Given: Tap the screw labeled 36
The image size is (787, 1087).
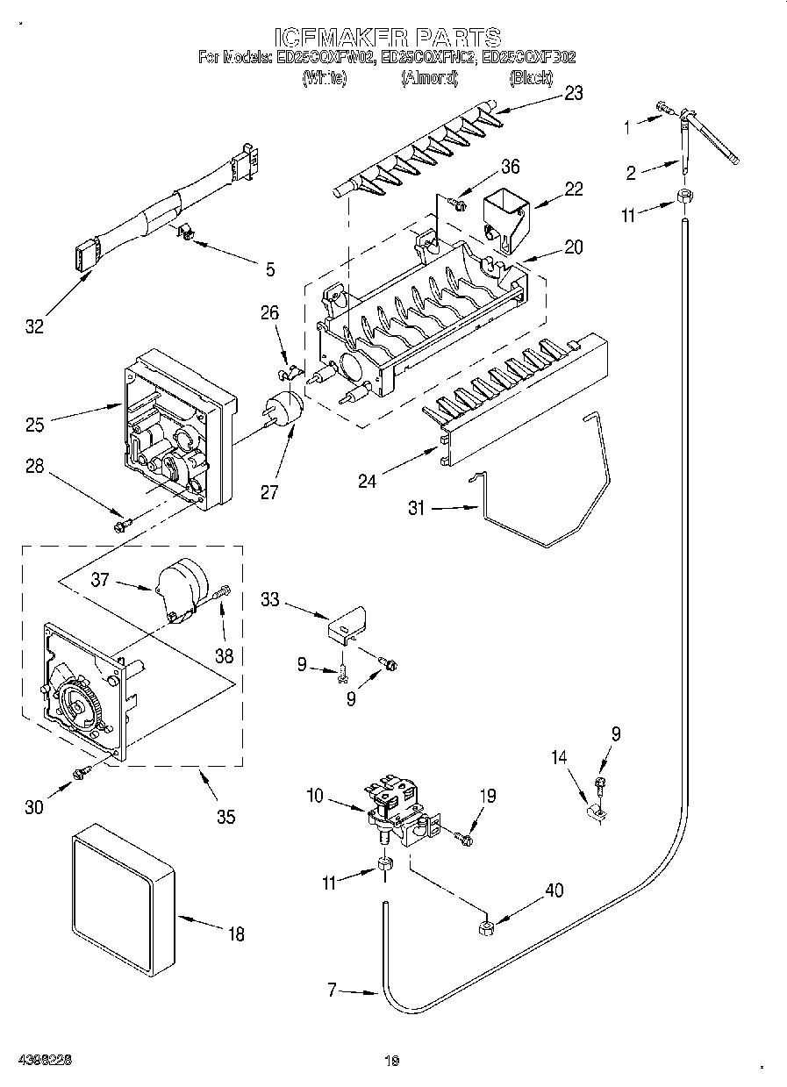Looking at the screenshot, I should [x=456, y=204].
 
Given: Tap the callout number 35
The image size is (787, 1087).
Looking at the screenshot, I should [x=225, y=816].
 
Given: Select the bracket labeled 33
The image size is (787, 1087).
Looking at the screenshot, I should [x=347, y=624].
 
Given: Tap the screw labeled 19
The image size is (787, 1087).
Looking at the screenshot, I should [x=464, y=840].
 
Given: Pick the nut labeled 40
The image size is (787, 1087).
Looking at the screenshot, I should [x=483, y=928].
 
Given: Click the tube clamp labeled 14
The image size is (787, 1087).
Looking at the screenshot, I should [x=595, y=812].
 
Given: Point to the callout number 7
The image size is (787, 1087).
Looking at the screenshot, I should [x=332, y=990].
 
